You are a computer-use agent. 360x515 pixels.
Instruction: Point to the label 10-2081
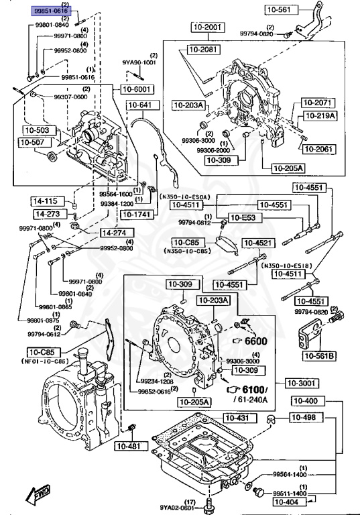[203, 50]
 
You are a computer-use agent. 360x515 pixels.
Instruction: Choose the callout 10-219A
[317, 115]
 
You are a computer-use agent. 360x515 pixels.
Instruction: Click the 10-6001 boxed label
[137, 89]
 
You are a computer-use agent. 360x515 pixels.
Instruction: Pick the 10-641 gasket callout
[141, 105]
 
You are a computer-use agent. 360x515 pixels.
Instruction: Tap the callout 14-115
[47, 201]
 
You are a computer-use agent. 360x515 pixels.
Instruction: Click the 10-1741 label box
[137, 215]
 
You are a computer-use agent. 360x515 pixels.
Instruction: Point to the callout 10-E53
[244, 217]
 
